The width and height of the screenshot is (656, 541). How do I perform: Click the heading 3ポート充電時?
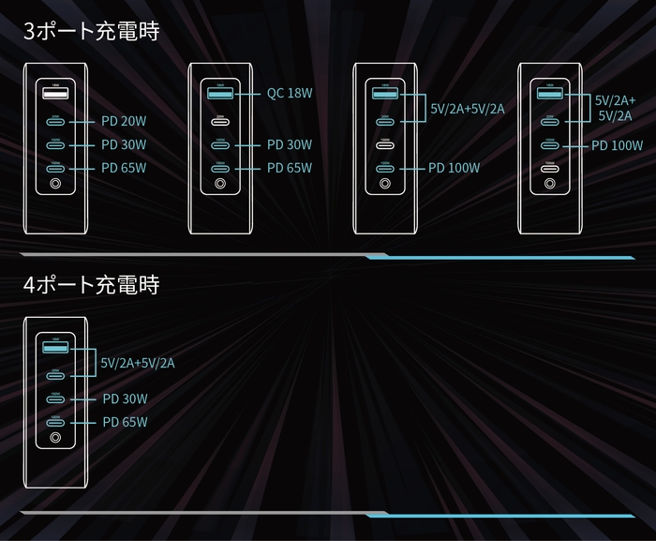pyautogui.click(x=91, y=31)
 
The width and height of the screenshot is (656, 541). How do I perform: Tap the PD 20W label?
pyautogui.click(x=124, y=121)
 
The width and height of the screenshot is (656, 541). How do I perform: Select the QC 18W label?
pyautogui.click(x=290, y=94)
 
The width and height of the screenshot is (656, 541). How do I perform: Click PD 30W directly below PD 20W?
pyautogui.click(x=124, y=144)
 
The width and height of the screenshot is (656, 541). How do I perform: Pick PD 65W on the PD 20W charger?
pyautogui.click(x=124, y=168)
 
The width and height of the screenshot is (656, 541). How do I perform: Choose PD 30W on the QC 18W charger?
pyautogui.click(x=290, y=144)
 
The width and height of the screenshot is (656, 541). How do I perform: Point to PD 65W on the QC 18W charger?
pyautogui.click(x=290, y=168)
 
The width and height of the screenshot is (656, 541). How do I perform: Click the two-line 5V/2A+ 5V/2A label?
pyautogui.click(x=614, y=107)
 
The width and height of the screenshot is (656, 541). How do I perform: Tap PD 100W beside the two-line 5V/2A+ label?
pyautogui.click(x=617, y=145)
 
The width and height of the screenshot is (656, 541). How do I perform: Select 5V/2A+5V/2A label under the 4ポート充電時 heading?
pyautogui.click(x=138, y=362)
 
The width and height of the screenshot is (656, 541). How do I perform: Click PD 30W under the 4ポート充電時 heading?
pyautogui.click(x=125, y=398)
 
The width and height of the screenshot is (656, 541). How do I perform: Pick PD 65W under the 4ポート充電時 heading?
pyautogui.click(x=125, y=422)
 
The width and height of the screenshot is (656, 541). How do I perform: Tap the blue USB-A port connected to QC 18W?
pyautogui.click(x=220, y=94)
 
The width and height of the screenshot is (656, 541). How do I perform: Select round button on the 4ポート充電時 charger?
pyautogui.click(x=55, y=438)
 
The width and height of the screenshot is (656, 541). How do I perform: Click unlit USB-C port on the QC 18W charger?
pyautogui.click(x=220, y=121)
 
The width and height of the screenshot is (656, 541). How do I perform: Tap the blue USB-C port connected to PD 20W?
pyautogui.click(x=55, y=121)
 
